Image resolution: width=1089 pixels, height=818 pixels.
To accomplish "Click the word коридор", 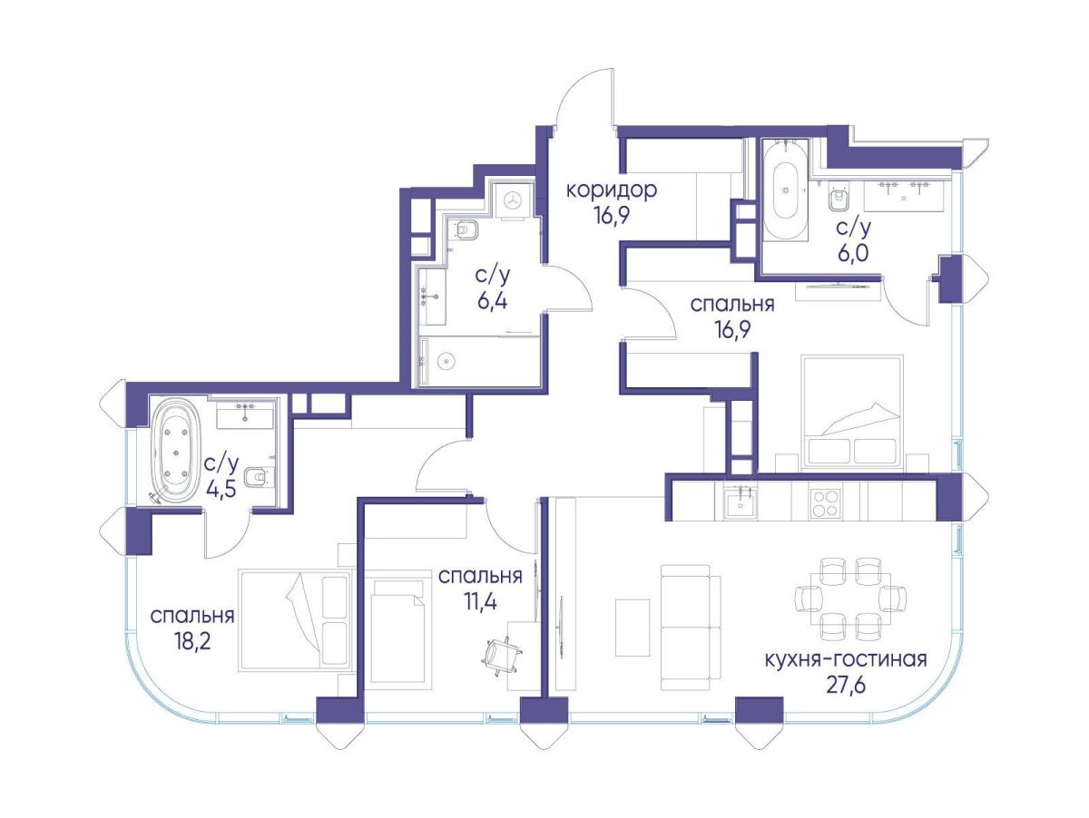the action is [x=612, y=190].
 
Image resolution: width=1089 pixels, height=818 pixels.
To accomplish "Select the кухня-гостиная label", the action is [x=846, y=660].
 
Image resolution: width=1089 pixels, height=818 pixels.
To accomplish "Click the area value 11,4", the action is [x=480, y=602].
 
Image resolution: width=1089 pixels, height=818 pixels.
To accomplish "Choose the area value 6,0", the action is [x=854, y=253].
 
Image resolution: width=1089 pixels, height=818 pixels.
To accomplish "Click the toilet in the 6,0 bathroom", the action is [x=838, y=200].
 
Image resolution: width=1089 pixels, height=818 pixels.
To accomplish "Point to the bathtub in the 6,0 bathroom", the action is [x=785, y=190].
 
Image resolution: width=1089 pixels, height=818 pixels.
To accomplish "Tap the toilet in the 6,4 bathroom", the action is [x=466, y=229].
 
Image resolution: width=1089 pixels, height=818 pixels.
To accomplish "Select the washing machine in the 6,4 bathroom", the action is [x=513, y=201].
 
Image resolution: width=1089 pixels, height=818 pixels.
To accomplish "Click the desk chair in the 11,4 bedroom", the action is [x=502, y=656].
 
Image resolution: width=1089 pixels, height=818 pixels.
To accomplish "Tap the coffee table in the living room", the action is [x=633, y=627].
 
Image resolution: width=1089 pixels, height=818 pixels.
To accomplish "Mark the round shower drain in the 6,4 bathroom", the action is [x=446, y=360].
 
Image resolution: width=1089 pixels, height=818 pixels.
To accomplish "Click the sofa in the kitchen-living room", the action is [x=692, y=627].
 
